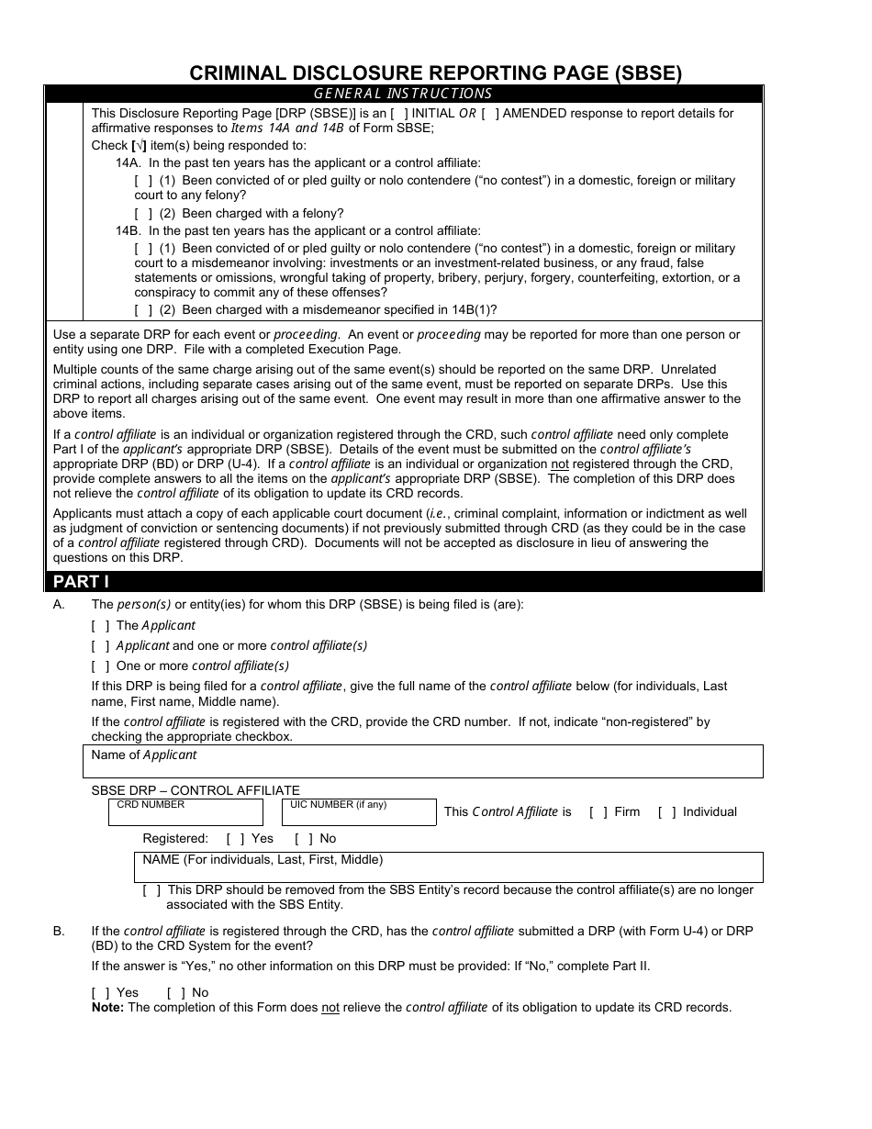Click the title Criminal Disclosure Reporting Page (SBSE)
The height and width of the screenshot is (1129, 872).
tap(435, 73)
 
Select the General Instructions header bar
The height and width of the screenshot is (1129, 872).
tap(403, 94)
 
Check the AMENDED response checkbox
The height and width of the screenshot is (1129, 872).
tap(490, 114)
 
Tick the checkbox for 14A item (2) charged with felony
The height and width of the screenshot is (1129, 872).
tap(143, 214)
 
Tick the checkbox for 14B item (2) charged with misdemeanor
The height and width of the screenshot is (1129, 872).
tap(143, 310)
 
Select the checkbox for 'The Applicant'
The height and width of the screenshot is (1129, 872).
tap(100, 626)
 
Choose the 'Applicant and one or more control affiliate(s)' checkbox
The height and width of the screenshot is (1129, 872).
tap(100, 646)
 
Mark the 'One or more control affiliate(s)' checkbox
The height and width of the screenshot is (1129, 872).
tap(100, 666)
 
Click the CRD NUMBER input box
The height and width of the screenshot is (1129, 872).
tap(185, 815)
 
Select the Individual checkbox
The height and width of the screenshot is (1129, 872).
tap(666, 812)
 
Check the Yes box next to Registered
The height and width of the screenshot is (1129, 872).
tap(235, 839)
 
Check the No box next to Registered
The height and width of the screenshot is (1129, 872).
tap(304, 839)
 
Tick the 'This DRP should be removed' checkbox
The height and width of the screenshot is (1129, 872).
tap(151, 890)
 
